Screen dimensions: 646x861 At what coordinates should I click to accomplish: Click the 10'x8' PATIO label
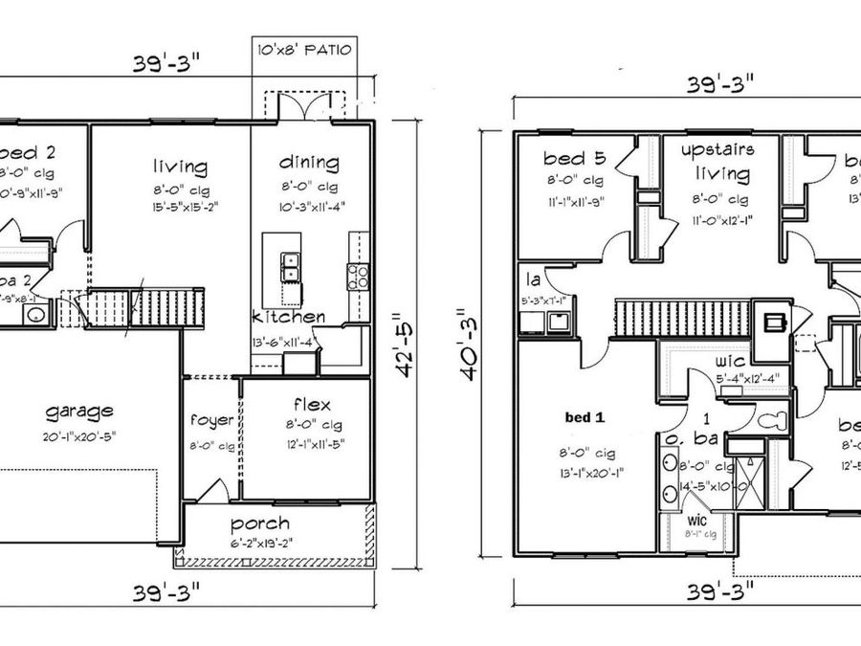(x=304, y=49)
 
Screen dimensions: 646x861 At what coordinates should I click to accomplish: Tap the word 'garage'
(x=79, y=412)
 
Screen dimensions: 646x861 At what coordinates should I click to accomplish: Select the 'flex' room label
(x=312, y=403)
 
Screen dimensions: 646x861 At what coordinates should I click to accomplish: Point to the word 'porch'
(x=260, y=524)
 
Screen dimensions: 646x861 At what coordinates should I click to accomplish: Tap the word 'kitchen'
(x=288, y=317)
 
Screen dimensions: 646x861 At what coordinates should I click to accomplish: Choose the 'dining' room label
(x=308, y=163)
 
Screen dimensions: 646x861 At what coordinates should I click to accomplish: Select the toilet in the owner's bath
(x=771, y=420)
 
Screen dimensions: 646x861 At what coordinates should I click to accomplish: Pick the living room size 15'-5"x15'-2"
(x=179, y=206)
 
